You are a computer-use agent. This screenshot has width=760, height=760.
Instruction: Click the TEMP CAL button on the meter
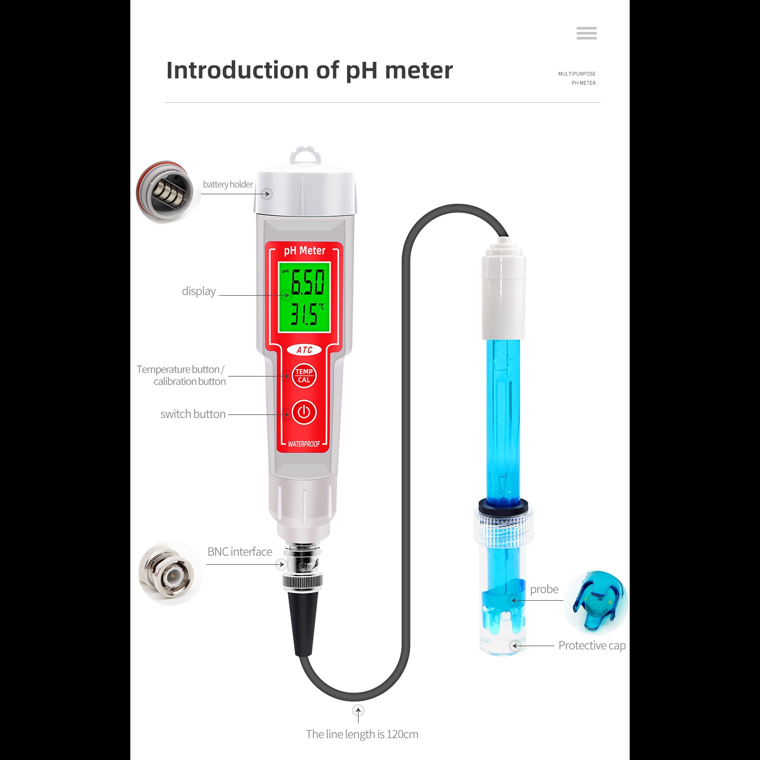(304, 376)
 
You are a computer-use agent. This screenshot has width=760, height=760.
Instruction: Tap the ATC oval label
(304, 350)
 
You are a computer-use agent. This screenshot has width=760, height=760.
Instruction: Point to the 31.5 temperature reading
(304, 314)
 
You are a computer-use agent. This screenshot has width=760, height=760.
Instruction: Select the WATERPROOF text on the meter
(304, 444)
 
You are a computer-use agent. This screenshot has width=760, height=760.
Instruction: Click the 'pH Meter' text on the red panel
(305, 251)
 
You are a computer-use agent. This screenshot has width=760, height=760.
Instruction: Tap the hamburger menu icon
(586, 33)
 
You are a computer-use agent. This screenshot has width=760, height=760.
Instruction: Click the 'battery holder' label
(228, 184)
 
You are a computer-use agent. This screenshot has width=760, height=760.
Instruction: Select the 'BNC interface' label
(240, 552)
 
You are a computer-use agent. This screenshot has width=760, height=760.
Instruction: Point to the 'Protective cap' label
(592, 646)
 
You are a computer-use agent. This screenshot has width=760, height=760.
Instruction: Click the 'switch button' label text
(193, 414)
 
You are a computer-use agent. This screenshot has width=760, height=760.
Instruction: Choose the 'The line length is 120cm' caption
(362, 734)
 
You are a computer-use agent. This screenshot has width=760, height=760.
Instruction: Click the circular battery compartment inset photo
(167, 192)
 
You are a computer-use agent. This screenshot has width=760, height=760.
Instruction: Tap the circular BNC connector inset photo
(170, 573)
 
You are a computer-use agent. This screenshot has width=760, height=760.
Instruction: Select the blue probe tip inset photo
(596, 603)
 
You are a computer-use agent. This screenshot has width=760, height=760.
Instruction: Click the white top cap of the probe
(503, 289)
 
